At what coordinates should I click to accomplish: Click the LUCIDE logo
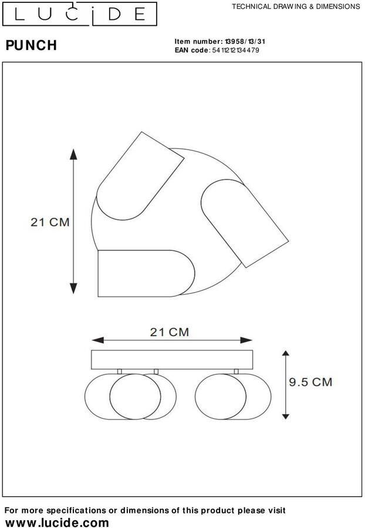click(79, 14)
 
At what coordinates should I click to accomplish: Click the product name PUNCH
click(31, 45)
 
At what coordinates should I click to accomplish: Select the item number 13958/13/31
click(245, 42)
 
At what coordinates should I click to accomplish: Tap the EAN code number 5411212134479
click(236, 50)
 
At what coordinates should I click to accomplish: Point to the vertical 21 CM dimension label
click(50, 222)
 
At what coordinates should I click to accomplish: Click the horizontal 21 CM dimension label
click(170, 333)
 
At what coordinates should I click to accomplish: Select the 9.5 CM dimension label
click(310, 382)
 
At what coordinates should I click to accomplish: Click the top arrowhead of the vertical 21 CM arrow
click(73, 154)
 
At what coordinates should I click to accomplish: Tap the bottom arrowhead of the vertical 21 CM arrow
click(73, 288)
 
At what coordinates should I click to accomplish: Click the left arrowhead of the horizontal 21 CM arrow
click(97, 340)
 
